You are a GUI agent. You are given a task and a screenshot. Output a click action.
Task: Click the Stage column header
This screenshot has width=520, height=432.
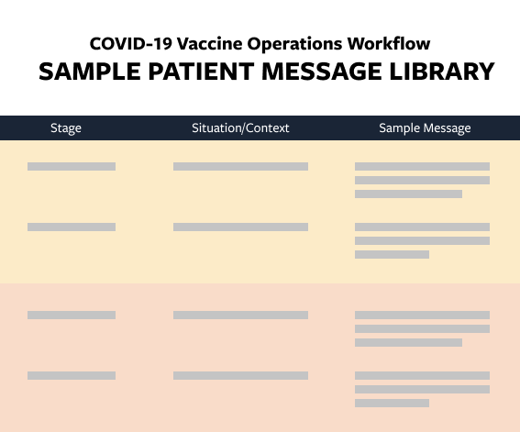pos(66,128)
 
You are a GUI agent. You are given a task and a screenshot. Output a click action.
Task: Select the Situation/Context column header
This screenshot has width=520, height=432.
pos(240,128)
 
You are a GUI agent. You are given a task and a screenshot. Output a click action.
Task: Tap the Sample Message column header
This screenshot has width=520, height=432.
pos(425,128)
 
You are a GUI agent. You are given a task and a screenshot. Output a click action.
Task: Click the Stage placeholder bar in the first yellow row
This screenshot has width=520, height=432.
pos(72,167)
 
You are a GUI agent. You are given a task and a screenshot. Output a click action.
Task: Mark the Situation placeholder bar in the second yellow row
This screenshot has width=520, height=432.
pos(240,227)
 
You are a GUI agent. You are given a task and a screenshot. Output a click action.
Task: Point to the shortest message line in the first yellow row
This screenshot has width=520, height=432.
pos(408,194)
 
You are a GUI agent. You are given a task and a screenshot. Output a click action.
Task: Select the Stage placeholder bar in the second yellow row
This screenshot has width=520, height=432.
pos(72,227)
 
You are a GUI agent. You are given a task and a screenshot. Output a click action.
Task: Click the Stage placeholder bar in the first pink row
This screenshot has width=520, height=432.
pos(72,316)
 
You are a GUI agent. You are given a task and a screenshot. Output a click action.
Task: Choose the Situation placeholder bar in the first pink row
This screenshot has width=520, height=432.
pos(240,316)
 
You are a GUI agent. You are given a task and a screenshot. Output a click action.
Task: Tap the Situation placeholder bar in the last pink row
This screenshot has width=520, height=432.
pos(240,375)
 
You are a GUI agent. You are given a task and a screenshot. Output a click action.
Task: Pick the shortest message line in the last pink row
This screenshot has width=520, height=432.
pos(392,403)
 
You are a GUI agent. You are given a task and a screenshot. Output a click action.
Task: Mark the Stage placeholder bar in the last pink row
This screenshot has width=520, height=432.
pos(72,375)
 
